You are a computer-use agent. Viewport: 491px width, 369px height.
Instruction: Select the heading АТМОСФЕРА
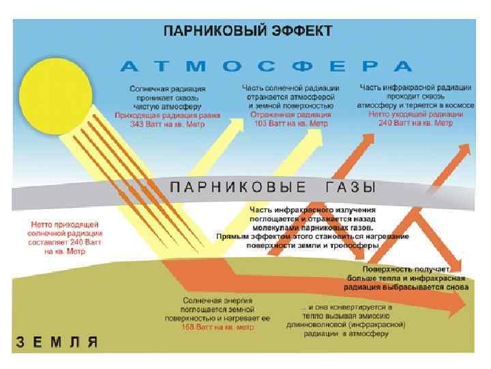(x=267, y=66)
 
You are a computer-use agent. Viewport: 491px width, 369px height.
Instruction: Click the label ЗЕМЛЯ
(x=58, y=342)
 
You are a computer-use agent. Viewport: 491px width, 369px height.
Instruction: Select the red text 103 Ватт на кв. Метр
(x=290, y=124)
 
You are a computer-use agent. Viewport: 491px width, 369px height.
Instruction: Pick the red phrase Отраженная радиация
(x=290, y=115)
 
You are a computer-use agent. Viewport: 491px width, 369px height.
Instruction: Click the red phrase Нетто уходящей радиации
(x=415, y=115)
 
